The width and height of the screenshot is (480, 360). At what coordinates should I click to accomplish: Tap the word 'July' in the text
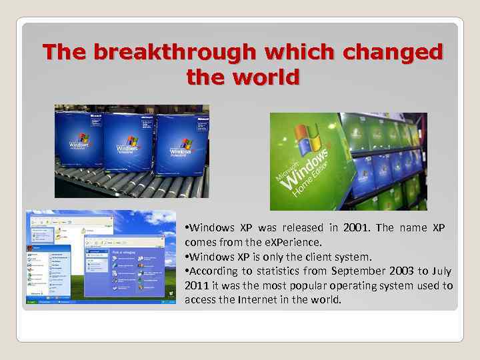(441, 271)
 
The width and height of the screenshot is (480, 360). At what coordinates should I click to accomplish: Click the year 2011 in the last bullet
(197, 285)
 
